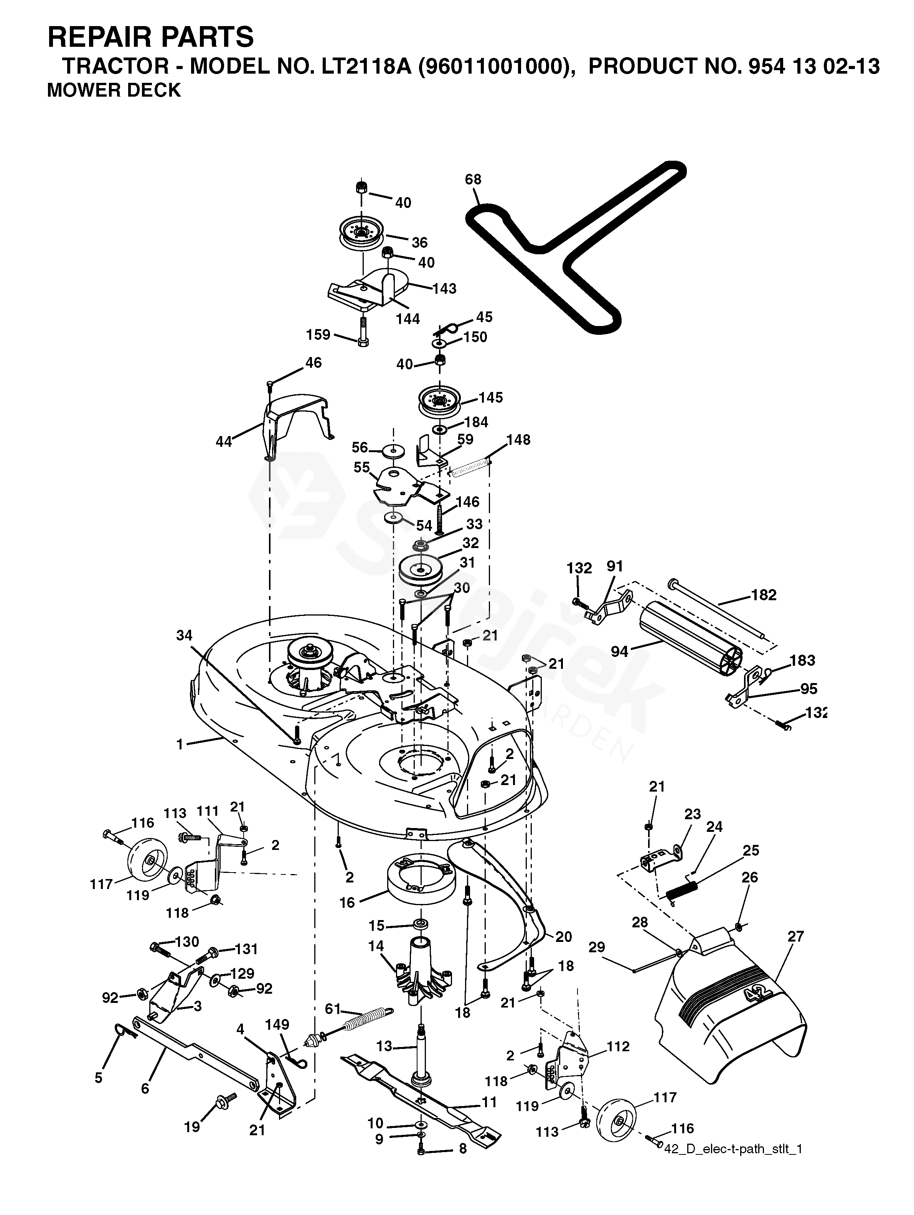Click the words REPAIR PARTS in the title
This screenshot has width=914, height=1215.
(150, 37)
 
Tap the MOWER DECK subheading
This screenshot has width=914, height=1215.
(114, 90)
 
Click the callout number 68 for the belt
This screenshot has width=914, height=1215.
(473, 179)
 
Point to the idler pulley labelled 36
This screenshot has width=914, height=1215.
(361, 231)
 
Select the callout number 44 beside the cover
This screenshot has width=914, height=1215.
(224, 441)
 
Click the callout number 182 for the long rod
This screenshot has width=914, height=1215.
(764, 595)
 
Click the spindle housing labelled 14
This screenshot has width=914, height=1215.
(422, 972)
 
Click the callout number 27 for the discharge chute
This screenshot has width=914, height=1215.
(795, 937)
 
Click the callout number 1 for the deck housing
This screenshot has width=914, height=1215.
(180, 744)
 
